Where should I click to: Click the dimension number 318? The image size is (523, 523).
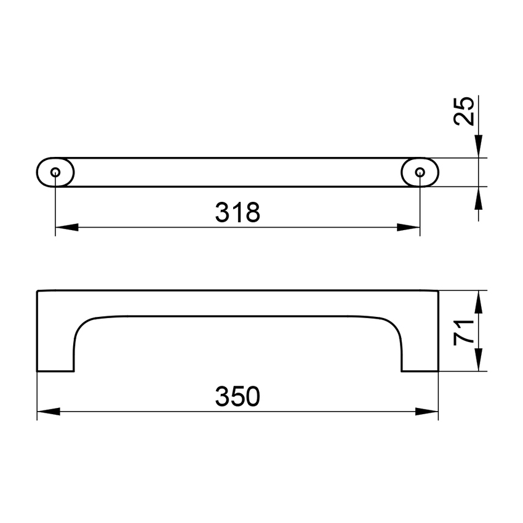[238, 213]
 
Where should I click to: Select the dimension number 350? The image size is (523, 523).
[238, 397]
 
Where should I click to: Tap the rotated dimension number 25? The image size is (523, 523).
[465, 111]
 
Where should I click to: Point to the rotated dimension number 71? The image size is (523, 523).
[465, 332]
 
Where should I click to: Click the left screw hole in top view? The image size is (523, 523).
[55, 172]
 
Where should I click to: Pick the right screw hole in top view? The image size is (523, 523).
[420, 172]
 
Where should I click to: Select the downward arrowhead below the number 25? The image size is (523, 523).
[479, 146]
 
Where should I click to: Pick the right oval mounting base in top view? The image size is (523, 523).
[428, 172]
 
